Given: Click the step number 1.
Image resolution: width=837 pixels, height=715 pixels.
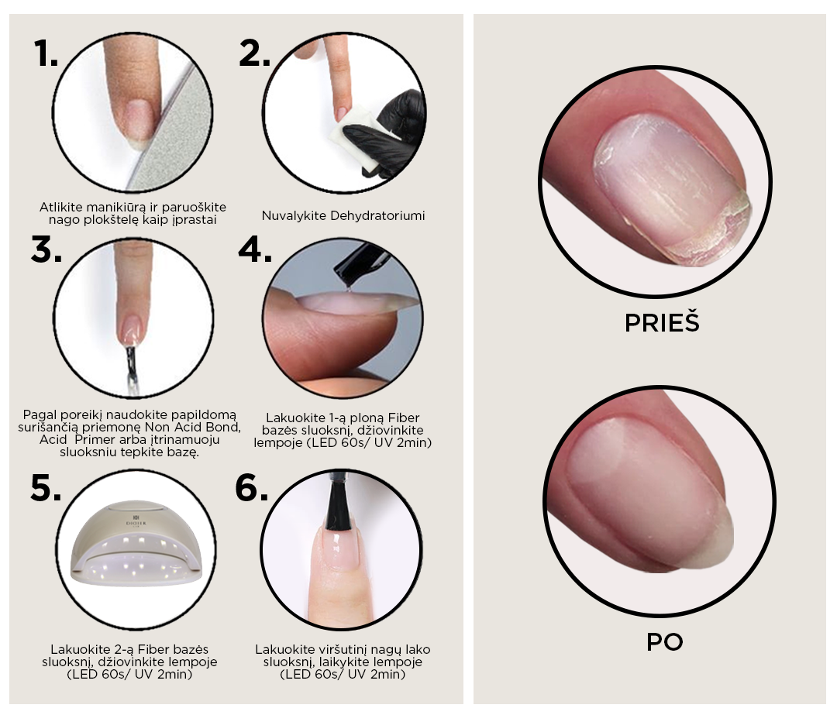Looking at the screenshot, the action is click(x=46, y=53).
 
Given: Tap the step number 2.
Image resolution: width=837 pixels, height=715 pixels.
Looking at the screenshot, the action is click(x=254, y=53).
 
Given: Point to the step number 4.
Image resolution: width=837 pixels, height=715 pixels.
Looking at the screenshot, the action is click(x=255, y=249).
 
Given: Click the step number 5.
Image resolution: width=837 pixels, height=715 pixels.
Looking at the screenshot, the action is click(x=46, y=488).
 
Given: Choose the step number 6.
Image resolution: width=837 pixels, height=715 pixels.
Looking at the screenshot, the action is click(x=251, y=488).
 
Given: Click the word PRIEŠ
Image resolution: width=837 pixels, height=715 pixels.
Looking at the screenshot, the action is click(x=662, y=321).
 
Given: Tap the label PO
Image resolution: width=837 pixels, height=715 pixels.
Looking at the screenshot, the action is click(x=665, y=642).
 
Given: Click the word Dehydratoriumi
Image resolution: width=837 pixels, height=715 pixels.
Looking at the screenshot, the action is click(x=377, y=215).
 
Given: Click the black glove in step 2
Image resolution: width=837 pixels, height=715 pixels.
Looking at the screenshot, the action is click(x=390, y=133).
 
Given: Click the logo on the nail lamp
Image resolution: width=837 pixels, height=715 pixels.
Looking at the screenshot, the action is click(x=136, y=520).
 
